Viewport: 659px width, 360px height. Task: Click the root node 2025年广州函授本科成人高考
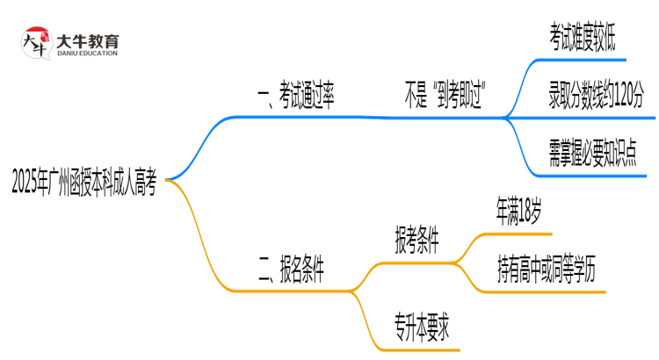click(x=84, y=182)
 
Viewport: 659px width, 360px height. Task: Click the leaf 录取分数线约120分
click(x=595, y=97)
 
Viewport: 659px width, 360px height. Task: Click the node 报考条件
click(x=417, y=239)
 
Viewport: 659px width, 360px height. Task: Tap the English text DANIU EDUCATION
click(x=87, y=54)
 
